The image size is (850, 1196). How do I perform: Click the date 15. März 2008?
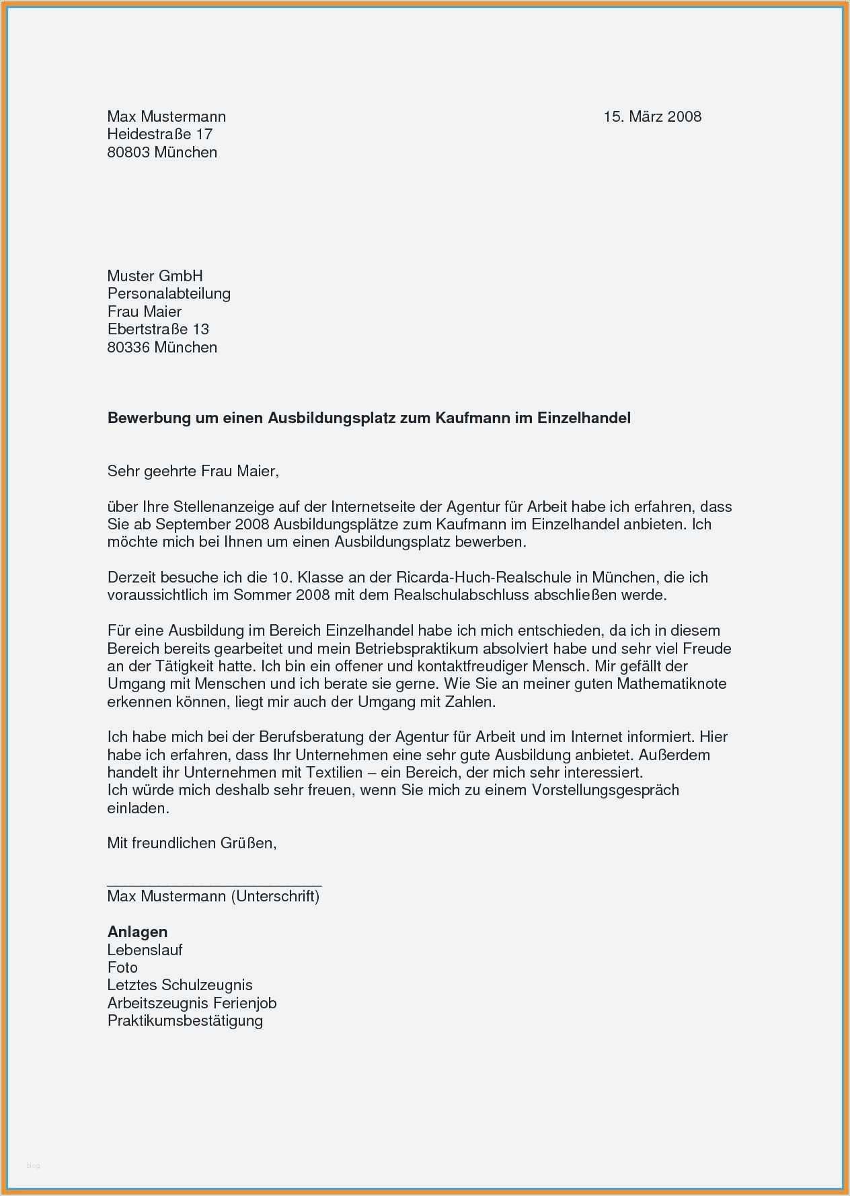[652, 116]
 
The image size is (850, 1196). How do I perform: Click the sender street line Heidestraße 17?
[160, 135]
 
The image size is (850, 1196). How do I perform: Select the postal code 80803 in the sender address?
[128, 152]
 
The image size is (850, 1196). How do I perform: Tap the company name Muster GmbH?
[155, 276]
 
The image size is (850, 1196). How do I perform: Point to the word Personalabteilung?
[169, 293]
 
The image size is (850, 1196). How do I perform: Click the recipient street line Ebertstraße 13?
[158, 329]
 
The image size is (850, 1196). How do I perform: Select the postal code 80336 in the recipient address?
[128, 347]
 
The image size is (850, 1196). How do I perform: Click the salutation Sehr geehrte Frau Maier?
[193, 471]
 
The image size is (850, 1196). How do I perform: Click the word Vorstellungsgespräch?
[605, 790]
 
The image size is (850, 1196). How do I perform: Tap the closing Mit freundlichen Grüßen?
[192, 843]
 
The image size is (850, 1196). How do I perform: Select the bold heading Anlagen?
[137, 932]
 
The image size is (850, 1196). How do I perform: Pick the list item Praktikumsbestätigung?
[185, 1020]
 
